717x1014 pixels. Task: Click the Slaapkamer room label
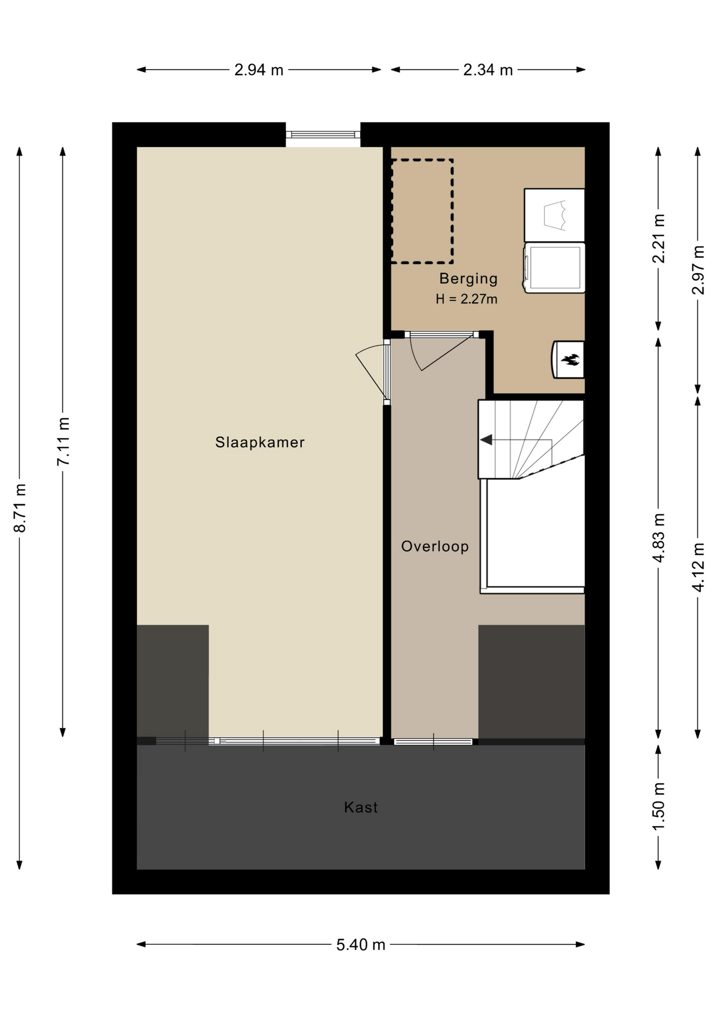click(x=260, y=442)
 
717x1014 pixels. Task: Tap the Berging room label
click(x=468, y=278)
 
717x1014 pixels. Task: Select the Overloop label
click(x=435, y=546)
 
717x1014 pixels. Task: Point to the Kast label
click(x=361, y=807)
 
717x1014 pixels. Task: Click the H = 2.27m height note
click(x=466, y=299)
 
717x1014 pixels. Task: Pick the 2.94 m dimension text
click(x=259, y=70)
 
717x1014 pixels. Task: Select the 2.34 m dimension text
click(x=488, y=70)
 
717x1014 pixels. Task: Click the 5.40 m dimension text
click(x=361, y=945)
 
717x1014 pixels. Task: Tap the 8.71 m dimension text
click(x=20, y=508)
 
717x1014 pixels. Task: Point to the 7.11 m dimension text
click(x=63, y=442)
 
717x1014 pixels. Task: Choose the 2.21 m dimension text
click(x=658, y=239)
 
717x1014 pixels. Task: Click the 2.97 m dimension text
click(x=698, y=270)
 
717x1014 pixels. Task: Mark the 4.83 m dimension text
click(x=658, y=538)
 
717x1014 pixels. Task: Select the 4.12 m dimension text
click(x=698, y=567)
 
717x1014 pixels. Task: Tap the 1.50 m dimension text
click(x=658, y=806)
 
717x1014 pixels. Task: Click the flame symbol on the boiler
click(x=570, y=360)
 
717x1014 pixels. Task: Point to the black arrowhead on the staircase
click(x=486, y=439)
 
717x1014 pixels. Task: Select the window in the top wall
click(x=323, y=135)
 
